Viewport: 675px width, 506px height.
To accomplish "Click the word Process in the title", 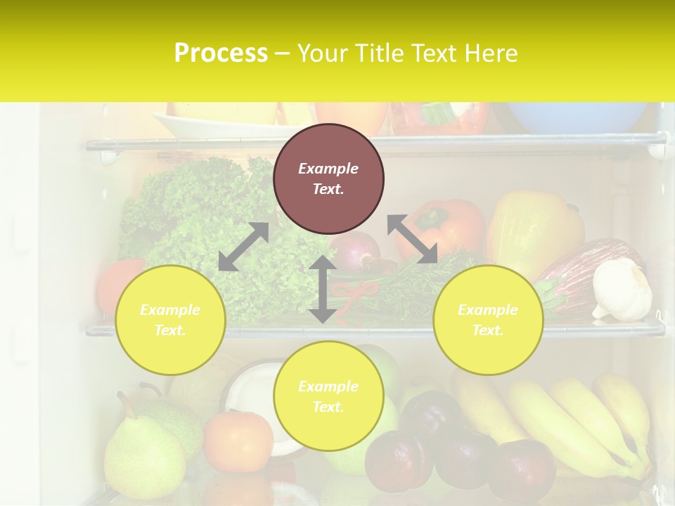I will click(221, 53).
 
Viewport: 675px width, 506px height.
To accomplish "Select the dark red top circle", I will click(328, 179).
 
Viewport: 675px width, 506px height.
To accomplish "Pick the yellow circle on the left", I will click(170, 320).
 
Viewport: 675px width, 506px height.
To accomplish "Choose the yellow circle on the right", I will click(488, 320).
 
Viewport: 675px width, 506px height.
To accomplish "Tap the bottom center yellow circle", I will click(328, 396).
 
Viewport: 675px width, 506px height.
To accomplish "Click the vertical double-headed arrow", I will click(323, 289).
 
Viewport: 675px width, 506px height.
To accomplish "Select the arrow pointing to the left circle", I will click(243, 247).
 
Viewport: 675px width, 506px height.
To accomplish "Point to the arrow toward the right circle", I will click(412, 240).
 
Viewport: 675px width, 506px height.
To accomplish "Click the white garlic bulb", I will click(622, 289).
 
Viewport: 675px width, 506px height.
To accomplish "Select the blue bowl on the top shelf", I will click(577, 117).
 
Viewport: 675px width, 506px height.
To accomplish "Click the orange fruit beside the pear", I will click(238, 441).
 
